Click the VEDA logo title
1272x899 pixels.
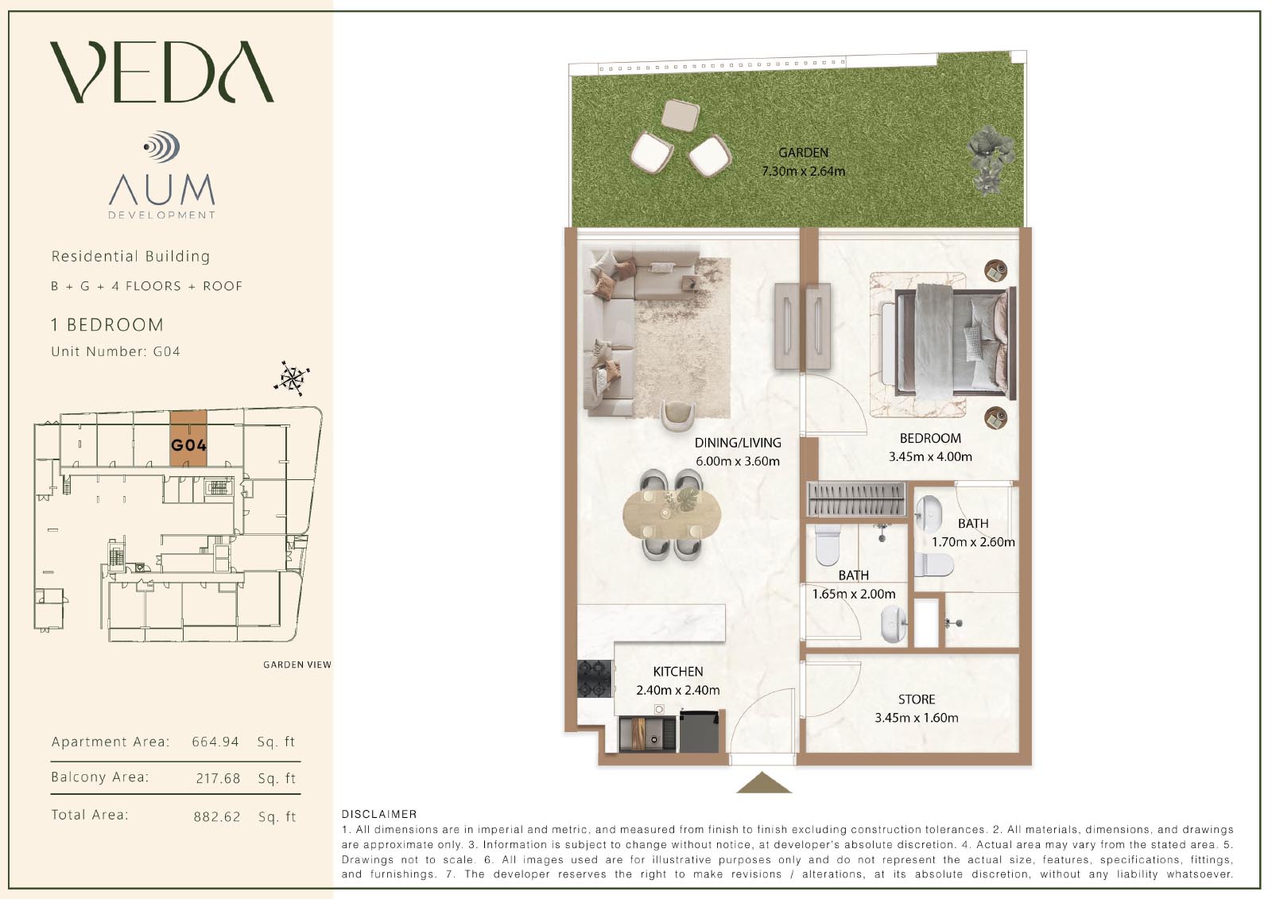click(x=162, y=72)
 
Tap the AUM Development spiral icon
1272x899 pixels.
click(x=162, y=146)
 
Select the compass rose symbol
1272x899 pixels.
click(x=292, y=378)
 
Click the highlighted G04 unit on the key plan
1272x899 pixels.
click(x=188, y=438)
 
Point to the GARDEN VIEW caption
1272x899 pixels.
click(x=297, y=665)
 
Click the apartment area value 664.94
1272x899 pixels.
click(x=215, y=742)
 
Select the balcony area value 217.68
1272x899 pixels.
click(x=218, y=778)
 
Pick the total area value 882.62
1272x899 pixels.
click(x=217, y=816)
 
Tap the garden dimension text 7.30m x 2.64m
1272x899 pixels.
click(x=804, y=171)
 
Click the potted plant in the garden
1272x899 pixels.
click(x=991, y=158)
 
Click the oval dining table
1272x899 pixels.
click(x=672, y=514)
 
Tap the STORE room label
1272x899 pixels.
click(x=917, y=699)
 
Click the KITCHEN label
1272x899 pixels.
click(x=678, y=671)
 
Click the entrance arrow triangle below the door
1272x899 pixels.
click(x=764, y=783)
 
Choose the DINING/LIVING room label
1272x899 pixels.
click(x=738, y=443)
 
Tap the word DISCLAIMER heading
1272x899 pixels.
click(x=379, y=815)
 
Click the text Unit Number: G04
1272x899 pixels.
click(x=116, y=351)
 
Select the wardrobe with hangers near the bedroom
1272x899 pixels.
click(x=855, y=499)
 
